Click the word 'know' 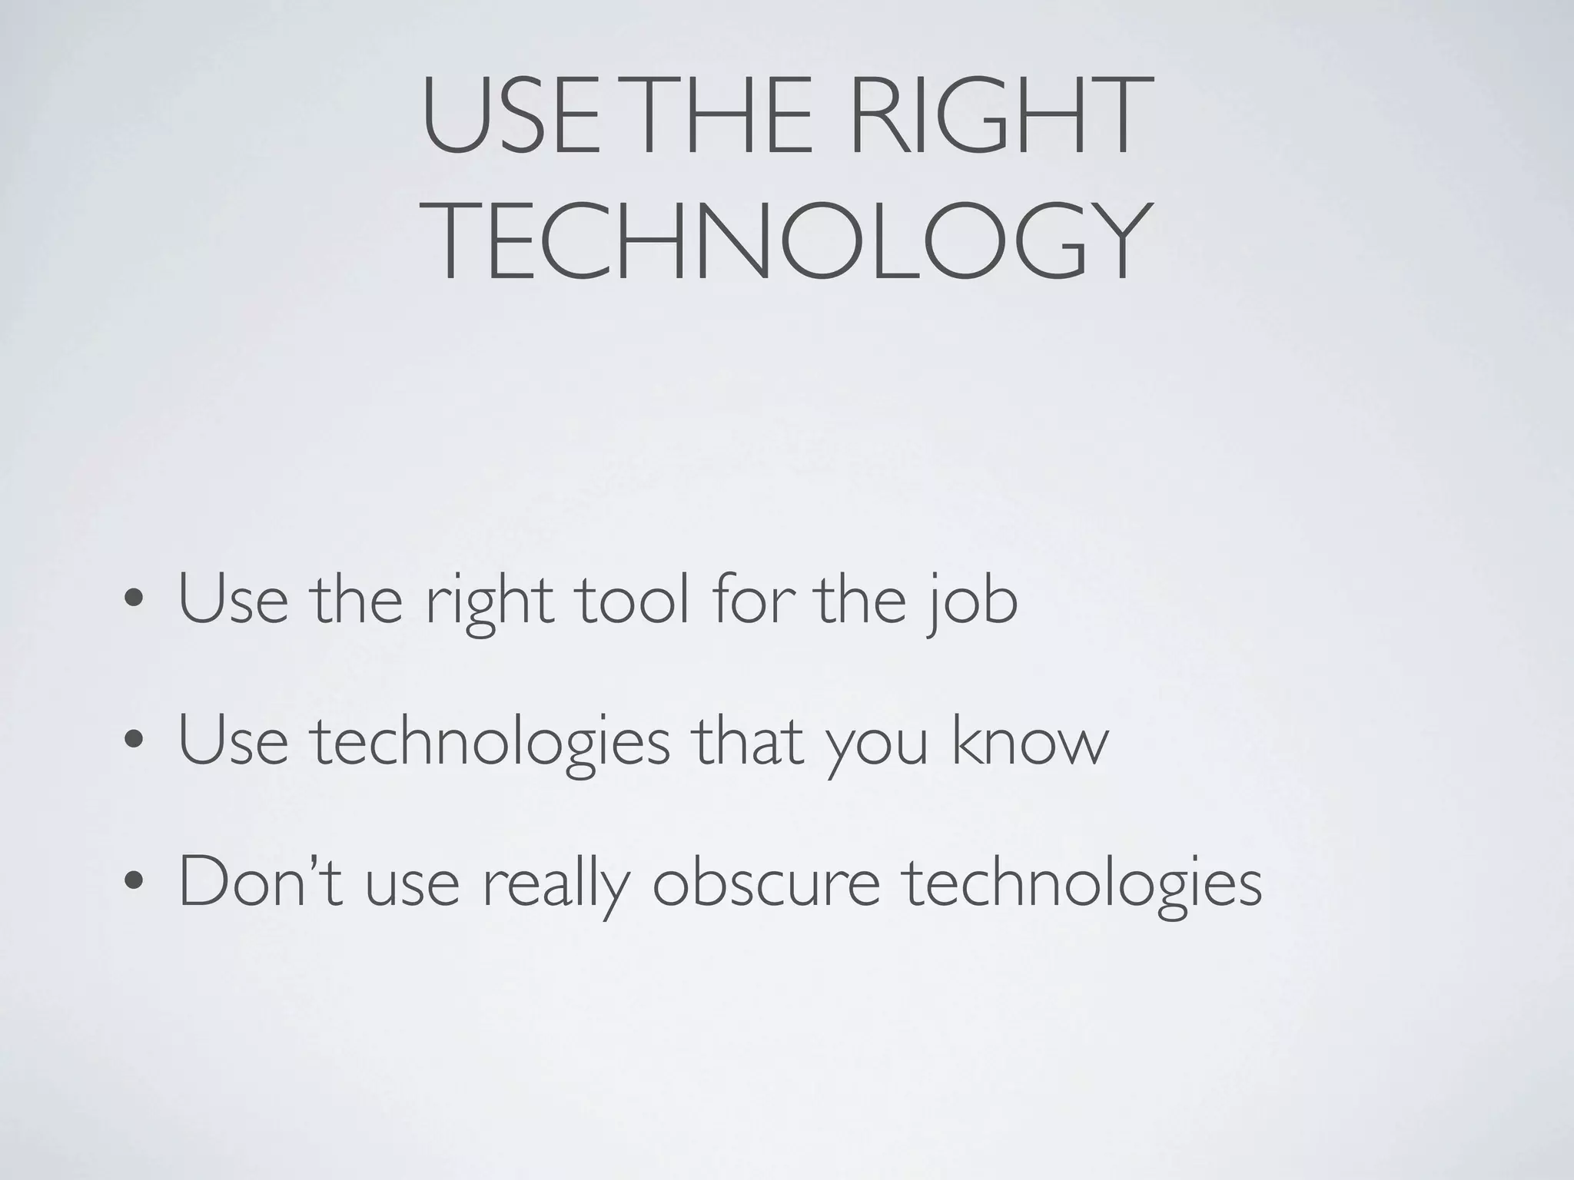pyautogui.click(x=1031, y=741)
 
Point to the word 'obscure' pyautogui.click(x=765, y=882)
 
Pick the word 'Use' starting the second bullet pyautogui.click(x=233, y=741)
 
